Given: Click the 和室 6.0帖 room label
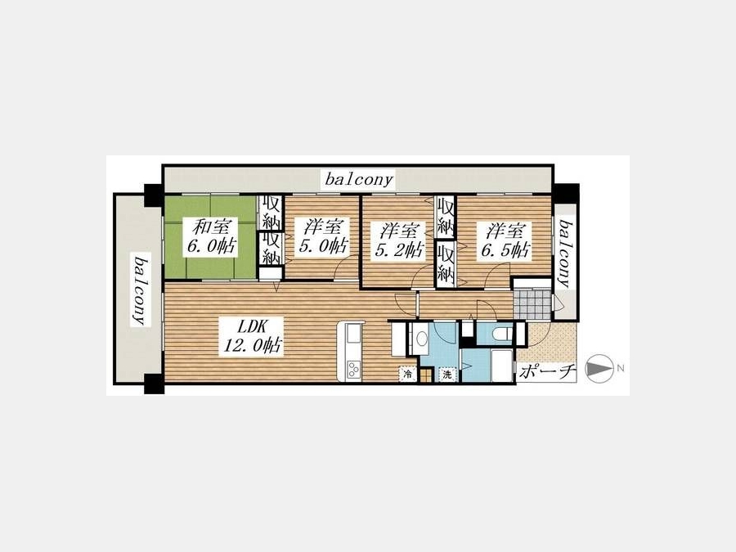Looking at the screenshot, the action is tap(210, 236).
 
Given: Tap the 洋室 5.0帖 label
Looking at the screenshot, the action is tap(323, 236).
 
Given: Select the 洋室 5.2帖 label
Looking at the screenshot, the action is tap(399, 240).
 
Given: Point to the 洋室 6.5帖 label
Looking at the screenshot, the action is tap(505, 240).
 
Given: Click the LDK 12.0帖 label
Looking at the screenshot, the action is tap(253, 335).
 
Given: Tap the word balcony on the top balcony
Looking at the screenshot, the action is tap(359, 179).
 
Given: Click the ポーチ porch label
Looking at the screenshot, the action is tap(547, 372).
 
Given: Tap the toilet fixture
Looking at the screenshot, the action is tap(501, 334).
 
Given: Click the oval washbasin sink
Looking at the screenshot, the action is tap(422, 338).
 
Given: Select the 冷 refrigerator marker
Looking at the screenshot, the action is tap(407, 374).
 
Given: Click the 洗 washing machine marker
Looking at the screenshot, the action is tap(447, 374).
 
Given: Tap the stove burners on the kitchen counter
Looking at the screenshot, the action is tap(353, 370).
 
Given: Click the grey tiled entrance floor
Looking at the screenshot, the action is tap(532, 304).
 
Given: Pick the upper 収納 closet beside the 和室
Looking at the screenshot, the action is tap(272, 213).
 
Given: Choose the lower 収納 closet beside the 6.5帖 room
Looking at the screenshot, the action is tap(446, 264).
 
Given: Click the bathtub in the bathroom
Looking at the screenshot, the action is tap(502, 366).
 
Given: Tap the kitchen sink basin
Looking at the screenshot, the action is tap(353, 335).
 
